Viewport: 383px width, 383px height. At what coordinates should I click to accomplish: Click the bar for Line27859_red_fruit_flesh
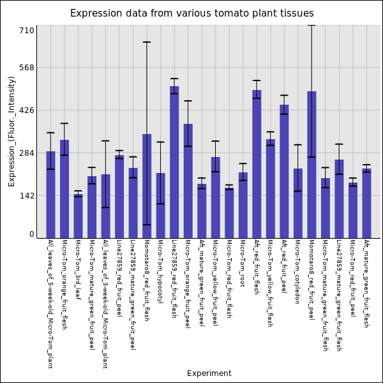click(x=174, y=162)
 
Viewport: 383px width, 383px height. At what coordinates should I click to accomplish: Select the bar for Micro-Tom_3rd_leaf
click(x=78, y=216)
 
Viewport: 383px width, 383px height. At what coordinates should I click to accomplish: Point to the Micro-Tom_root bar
click(x=243, y=205)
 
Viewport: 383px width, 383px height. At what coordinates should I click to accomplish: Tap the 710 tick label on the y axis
click(x=27, y=30)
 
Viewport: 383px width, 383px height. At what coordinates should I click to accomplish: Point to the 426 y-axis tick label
click(x=27, y=110)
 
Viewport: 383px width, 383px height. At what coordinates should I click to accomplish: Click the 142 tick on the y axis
click(x=27, y=196)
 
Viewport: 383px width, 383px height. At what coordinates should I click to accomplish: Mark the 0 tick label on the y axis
click(x=31, y=234)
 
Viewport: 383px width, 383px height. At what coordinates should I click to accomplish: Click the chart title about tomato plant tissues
click(x=191, y=13)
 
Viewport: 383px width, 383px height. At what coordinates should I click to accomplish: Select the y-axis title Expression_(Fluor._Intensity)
click(x=11, y=131)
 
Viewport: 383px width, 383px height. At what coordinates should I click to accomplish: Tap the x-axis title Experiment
click(x=209, y=373)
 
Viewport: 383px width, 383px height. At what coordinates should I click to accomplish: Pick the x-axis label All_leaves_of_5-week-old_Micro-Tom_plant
click(x=50, y=304)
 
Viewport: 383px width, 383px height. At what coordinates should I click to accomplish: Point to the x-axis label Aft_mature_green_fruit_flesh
click(x=366, y=283)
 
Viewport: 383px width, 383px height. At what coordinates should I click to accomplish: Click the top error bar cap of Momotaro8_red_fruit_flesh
click(x=147, y=42)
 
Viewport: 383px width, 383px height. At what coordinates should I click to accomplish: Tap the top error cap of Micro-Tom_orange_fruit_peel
click(x=188, y=101)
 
